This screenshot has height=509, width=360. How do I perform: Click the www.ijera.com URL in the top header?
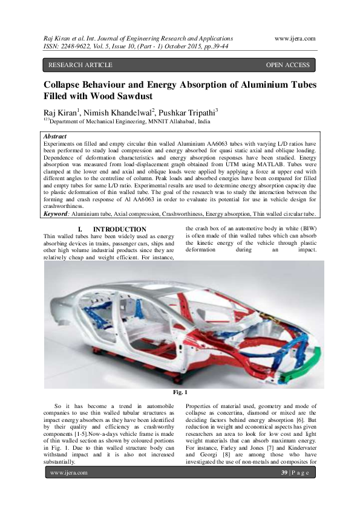tap(295, 37)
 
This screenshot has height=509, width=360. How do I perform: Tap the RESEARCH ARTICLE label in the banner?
tap(80, 65)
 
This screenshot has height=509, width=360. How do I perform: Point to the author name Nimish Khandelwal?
tap(120, 112)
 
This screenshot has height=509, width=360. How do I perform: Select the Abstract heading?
tap(56, 137)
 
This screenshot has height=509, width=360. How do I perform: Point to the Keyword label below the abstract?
tap(57, 213)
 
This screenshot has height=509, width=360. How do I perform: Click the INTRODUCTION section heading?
tap(113, 229)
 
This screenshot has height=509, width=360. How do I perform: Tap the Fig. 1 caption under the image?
tap(180, 392)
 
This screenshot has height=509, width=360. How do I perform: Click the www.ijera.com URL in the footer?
tap(68, 473)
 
